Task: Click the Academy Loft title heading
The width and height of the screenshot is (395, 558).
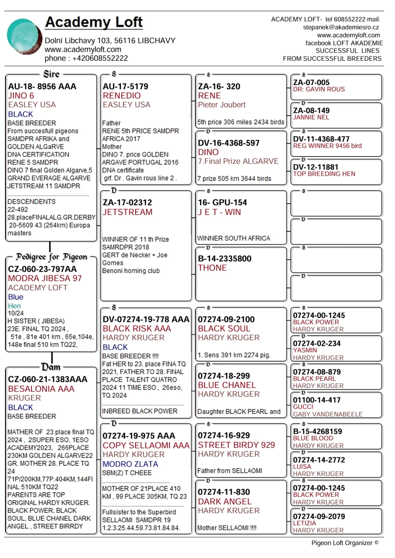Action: tap(94, 22)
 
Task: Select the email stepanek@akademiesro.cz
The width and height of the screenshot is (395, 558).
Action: tap(341, 27)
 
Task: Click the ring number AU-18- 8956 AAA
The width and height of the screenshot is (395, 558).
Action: tap(42, 86)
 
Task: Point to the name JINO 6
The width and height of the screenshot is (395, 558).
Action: tap(21, 96)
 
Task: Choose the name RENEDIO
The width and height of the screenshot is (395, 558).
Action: tap(122, 96)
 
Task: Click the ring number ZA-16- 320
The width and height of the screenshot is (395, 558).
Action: tap(219, 86)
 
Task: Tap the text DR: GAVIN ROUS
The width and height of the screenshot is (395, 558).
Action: tap(319, 89)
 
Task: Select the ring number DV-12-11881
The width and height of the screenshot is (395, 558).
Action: tap(316, 167)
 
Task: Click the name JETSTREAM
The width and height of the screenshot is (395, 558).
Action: tap(127, 212)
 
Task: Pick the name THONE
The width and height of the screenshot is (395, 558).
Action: tap(212, 268)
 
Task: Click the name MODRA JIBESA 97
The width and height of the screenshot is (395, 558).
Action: tap(45, 278)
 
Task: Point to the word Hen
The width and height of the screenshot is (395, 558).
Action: tap(14, 306)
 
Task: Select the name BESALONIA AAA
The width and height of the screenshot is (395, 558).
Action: tap(41, 389)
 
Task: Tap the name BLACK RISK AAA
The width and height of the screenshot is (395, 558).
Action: tap(137, 329)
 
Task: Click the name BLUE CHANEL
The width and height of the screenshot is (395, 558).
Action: tap(227, 385)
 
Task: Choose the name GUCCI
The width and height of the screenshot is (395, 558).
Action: tap(303, 407)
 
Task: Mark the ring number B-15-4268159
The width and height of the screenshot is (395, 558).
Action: tap(317, 431)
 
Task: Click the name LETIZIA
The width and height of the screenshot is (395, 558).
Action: tap(304, 523)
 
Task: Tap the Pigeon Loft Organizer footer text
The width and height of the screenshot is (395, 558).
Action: tap(345, 543)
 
